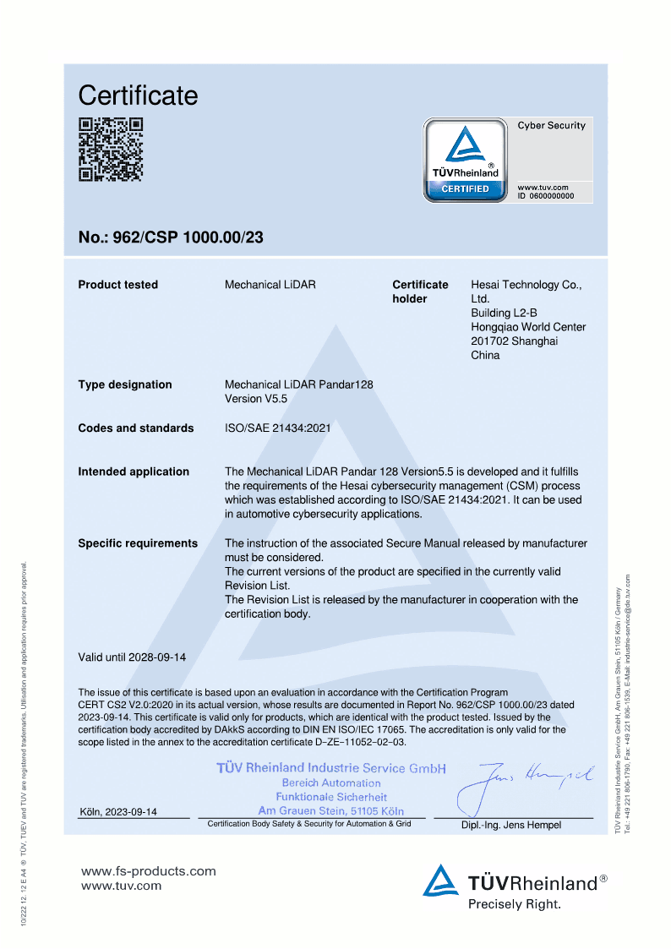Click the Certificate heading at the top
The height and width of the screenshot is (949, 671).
click(138, 95)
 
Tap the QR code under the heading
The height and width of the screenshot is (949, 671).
click(111, 150)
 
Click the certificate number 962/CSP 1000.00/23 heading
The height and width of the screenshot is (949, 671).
click(171, 237)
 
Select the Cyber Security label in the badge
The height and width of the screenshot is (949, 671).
click(551, 125)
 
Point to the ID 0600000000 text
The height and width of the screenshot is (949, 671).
click(545, 195)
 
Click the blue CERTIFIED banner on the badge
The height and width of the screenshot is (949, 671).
click(465, 188)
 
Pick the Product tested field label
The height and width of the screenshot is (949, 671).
click(117, 285)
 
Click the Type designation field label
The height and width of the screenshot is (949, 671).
click(124, 385)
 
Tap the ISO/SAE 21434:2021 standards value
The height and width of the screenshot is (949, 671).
click(277, 428)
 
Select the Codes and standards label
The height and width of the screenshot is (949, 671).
click(135, 428)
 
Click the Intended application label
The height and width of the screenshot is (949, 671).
click(134, 472)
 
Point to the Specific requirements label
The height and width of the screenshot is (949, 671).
click(138, 543)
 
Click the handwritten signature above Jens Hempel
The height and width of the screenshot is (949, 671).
click(524, 782)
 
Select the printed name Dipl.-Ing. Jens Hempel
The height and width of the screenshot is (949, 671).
click(510, 825)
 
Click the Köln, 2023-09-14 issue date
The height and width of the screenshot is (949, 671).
click(117, 812)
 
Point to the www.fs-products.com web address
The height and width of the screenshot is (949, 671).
click(148, 871)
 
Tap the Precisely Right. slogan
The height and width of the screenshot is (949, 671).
click(514, 904)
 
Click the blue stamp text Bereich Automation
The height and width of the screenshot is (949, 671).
click(331, 783)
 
